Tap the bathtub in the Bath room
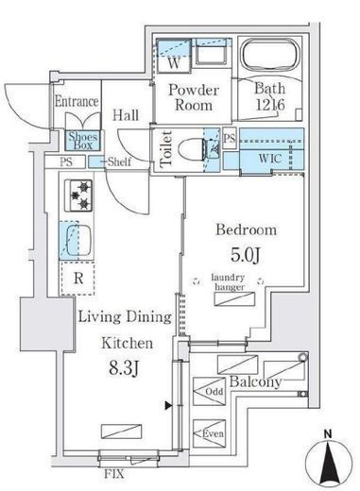click(269, 56)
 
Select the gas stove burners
click(78, 195)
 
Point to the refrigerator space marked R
click(77, 279)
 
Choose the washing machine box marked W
click(174, 56)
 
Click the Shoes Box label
click(83, 141)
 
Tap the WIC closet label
click(270, 159)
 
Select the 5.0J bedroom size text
click(246, 255)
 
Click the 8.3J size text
click(124, 367)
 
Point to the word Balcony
click(255, 382)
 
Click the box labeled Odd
click(209, 391)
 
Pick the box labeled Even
click(209, 433)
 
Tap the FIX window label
click(114, 474)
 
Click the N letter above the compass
click(328, 434)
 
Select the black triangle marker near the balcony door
click(169, 406)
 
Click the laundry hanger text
click(229, 282)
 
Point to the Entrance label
click(77, 101)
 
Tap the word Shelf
click(119, 161)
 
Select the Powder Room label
click(194, 97)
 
